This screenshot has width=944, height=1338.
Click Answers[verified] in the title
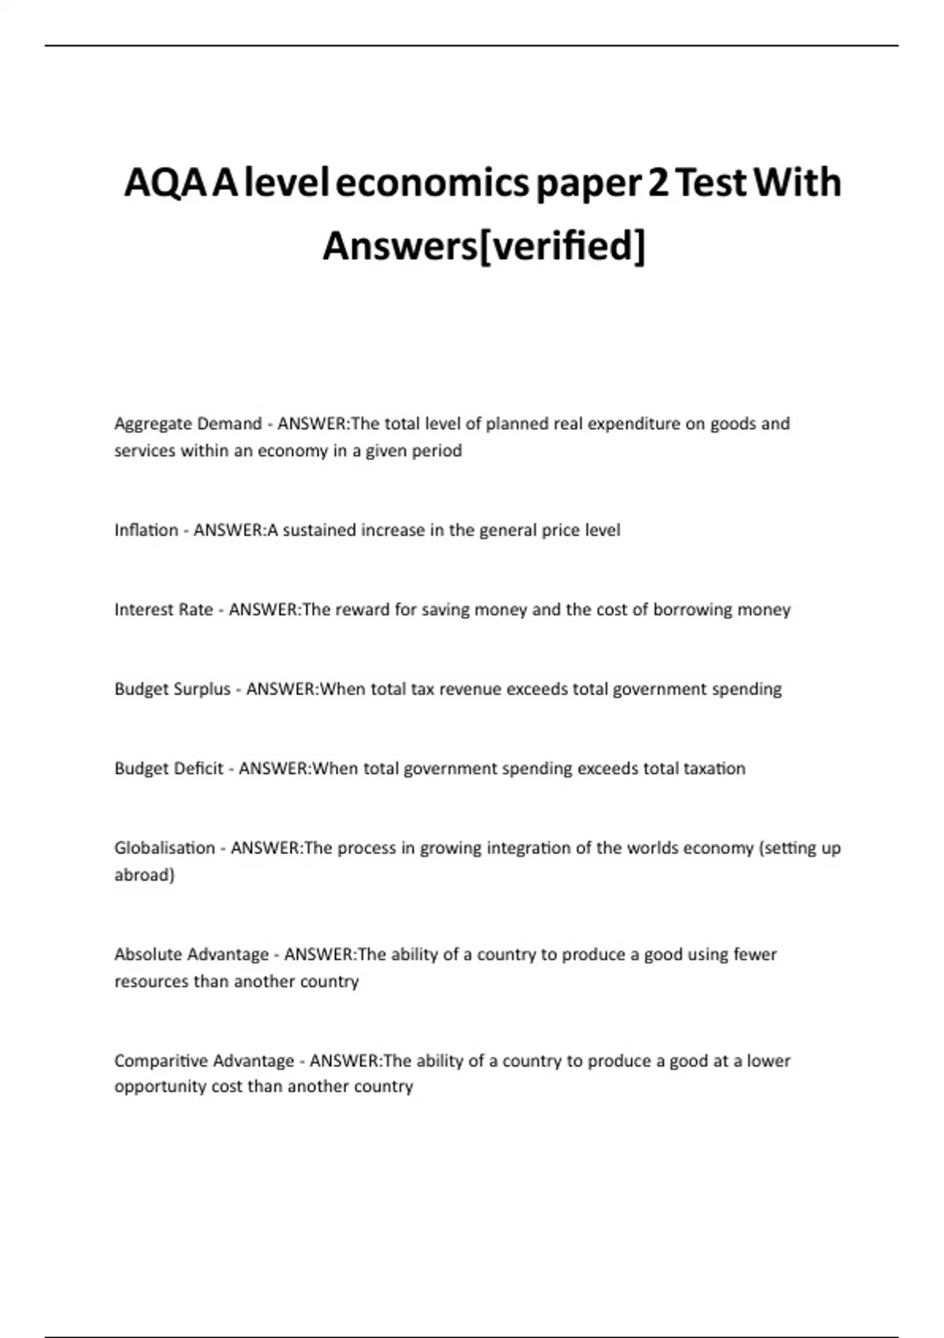pyautogui.click(x=484, y=246)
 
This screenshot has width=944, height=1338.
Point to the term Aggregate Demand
pyautogui.click(x=188, y=423)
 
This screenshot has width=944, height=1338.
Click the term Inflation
pyautogui.click(x=146, y=530)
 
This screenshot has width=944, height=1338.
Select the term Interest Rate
pyautogui.click(x=164, y=609)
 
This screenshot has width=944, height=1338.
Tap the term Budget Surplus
pyautogui.click(x=172, y=689)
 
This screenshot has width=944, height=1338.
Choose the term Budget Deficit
pyautogui.click(x=169, y=768)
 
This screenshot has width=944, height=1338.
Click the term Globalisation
pyautogui.click(x=164, y=848)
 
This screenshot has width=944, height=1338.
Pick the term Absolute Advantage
pyautogui.click(x=191, y=954)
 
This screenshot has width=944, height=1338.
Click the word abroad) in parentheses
pyautogui.click(x=144, y=874)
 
